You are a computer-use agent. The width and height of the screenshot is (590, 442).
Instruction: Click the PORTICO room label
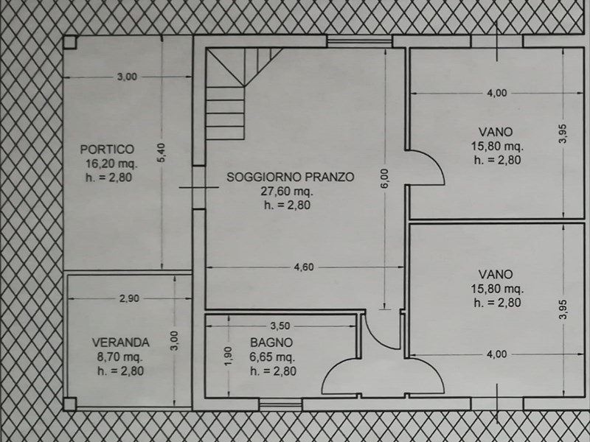(x=107, y=150)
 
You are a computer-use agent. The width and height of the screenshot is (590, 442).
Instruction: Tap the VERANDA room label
(x=121, y=343)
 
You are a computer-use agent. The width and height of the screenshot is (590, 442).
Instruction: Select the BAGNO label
(x=271, y=343)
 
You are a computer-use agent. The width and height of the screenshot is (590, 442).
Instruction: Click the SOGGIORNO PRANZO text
(x=290, y=177)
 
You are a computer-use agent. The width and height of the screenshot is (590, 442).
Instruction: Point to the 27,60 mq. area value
(x=287, y=192)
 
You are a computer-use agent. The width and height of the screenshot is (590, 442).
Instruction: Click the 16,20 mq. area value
(x=112, y=164)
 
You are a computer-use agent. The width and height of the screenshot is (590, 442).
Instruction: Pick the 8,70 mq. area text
(x=119, y=357)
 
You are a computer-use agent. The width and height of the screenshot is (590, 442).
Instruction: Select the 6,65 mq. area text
(x=272, y=357)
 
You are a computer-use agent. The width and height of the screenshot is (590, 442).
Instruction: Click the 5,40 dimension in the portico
(x=161, y=153)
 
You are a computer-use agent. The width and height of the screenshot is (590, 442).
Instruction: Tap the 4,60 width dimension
(x=304, y=267)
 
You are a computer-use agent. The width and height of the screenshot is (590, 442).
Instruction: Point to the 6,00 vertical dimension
(x=384, y=179)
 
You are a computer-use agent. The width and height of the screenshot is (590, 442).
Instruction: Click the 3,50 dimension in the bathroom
(x=280, y=326)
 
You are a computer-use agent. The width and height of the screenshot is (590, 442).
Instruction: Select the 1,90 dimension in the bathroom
(x=228, y=356)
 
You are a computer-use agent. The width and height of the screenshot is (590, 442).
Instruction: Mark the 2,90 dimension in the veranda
(x=129, y=298)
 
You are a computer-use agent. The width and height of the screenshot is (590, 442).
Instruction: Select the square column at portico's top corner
(x=70, y=43)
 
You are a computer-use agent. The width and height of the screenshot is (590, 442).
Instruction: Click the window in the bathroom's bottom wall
(x=280, y=404)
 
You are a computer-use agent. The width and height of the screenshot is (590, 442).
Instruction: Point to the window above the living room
(x=359, y=41)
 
